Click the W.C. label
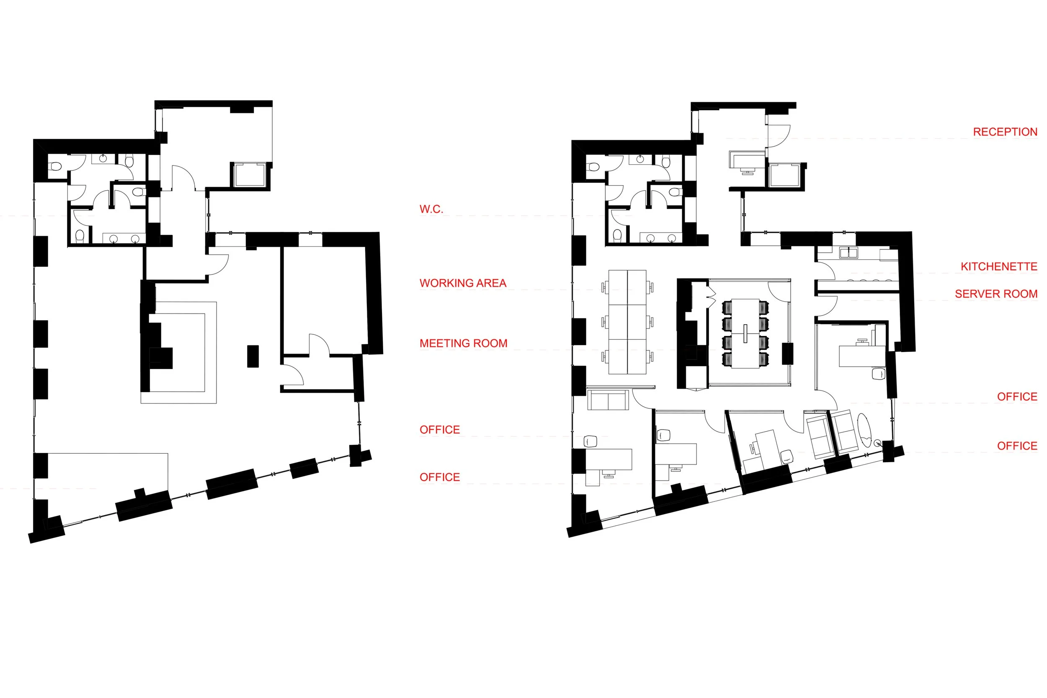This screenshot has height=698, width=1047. (x=431, y=209)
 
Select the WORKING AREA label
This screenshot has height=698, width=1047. (x=463, y=283)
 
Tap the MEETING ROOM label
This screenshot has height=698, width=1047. (x=463, y=343)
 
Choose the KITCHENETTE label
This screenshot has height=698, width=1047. (x=998, y=266)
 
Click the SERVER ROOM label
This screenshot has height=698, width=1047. (x=996, y=294)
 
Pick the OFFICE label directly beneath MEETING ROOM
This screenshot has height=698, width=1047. (x=440, y=429)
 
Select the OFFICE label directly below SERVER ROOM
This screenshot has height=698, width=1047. (x=1017, y=397)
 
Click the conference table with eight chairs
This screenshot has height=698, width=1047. (x=745, y=333)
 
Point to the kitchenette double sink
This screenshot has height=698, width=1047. (x=848, y=253)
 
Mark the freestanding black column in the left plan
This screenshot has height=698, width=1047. (x=253, y=356)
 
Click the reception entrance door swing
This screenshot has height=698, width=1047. (x=778, y=136)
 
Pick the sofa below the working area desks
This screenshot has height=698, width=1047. (x=608, y=400)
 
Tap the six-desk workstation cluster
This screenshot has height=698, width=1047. (x=627, y=322)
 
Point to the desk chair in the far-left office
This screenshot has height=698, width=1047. (x=590, y=441)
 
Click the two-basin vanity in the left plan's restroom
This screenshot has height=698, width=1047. (x=124, y=239)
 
